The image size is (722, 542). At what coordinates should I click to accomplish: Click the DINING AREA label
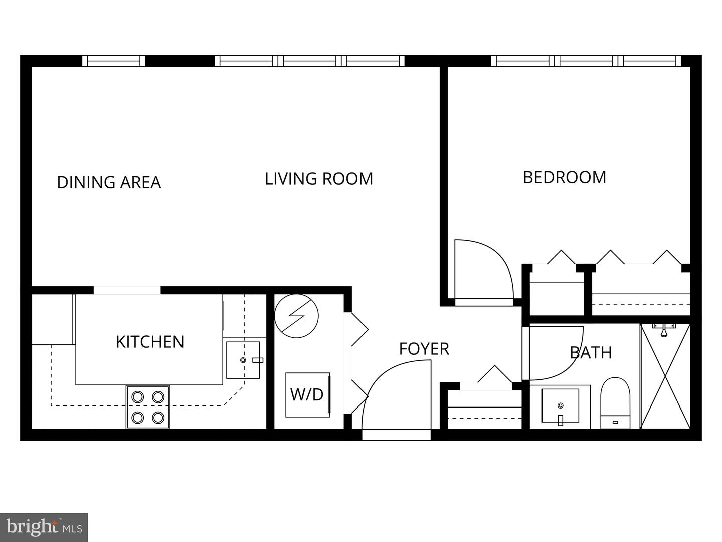coord(109,182)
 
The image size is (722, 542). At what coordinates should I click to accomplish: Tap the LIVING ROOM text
coord(318,179)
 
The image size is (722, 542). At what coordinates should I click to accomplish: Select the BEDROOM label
coord(564,177)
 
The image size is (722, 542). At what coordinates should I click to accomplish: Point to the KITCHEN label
coord(150,342)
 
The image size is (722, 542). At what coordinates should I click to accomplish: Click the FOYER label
coord(424,349)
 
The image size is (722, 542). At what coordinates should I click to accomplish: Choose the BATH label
coord(591,353)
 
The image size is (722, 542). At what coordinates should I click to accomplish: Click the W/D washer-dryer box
coord(307,394)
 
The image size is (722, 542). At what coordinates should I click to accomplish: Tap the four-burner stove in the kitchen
coord(148,407)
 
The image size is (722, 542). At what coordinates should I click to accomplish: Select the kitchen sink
coord(243,360)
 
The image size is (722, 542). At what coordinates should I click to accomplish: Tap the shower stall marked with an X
coord(665,376)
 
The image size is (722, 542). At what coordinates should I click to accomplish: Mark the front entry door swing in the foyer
coord(396,396)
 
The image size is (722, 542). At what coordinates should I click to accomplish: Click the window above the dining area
coord(113,61)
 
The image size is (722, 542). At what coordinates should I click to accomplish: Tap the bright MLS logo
coord(44,527)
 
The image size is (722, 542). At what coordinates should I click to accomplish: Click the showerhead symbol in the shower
coord(664,330)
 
